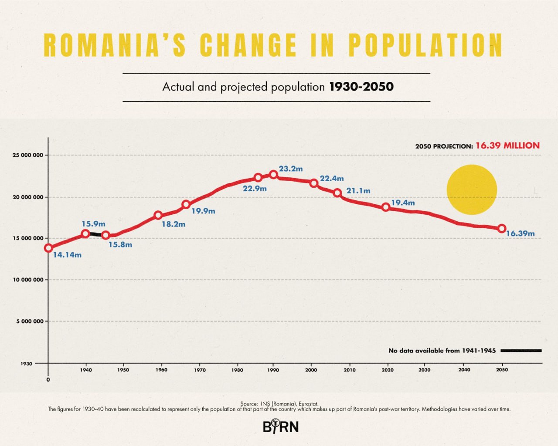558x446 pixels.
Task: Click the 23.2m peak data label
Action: point(291,169)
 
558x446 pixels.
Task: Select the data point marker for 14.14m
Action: point(48,248)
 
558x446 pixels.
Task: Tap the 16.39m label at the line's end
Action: point(520,233)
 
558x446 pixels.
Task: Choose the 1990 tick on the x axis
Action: point(273,370)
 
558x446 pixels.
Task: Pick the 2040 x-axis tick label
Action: point(464,370)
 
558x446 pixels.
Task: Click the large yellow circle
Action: point(472,189)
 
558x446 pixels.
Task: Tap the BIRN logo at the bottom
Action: point(281,426)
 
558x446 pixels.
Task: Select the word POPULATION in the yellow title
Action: point(425,45)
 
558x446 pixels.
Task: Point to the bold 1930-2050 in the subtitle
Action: point(361,87)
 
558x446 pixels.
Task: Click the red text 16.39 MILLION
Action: point(507,145)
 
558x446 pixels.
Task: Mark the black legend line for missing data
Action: point(521,350)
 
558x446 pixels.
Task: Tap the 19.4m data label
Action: point(403,203)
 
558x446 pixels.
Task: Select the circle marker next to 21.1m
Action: point(337,193)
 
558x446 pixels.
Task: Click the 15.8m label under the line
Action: point(120,245)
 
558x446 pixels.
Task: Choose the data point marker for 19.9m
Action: point(186,204)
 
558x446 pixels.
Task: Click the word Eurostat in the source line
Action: point(308,404)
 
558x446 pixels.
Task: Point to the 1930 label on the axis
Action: point(26,363)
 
